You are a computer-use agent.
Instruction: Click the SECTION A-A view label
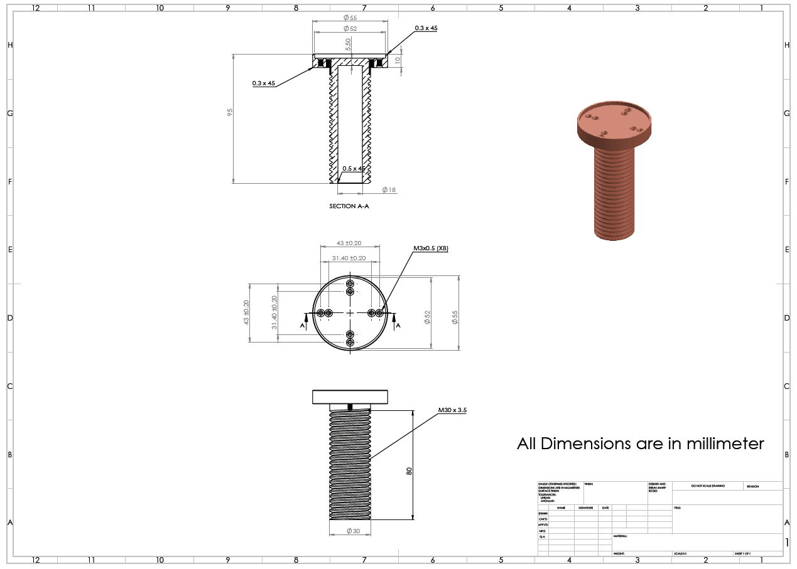click(x=349, y=206)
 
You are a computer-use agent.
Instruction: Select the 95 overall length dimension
click(x=230, y=112)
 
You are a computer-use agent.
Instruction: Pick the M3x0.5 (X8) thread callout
click(x=430, y=248)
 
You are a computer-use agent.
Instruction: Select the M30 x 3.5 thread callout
click(x=452, y=410)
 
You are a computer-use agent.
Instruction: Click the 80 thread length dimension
click(x=409, y=471)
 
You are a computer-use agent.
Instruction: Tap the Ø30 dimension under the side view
click(x=353, y=531)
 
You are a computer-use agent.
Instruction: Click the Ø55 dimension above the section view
click(x=350, y=18)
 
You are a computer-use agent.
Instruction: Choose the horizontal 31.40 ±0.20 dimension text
click(x=349, y=258)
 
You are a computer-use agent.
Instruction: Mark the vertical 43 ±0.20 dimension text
click(x=246, y=312)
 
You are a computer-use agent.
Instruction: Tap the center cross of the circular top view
click(x=350, y=312)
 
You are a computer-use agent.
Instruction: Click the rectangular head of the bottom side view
click(x=350, y=396)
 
